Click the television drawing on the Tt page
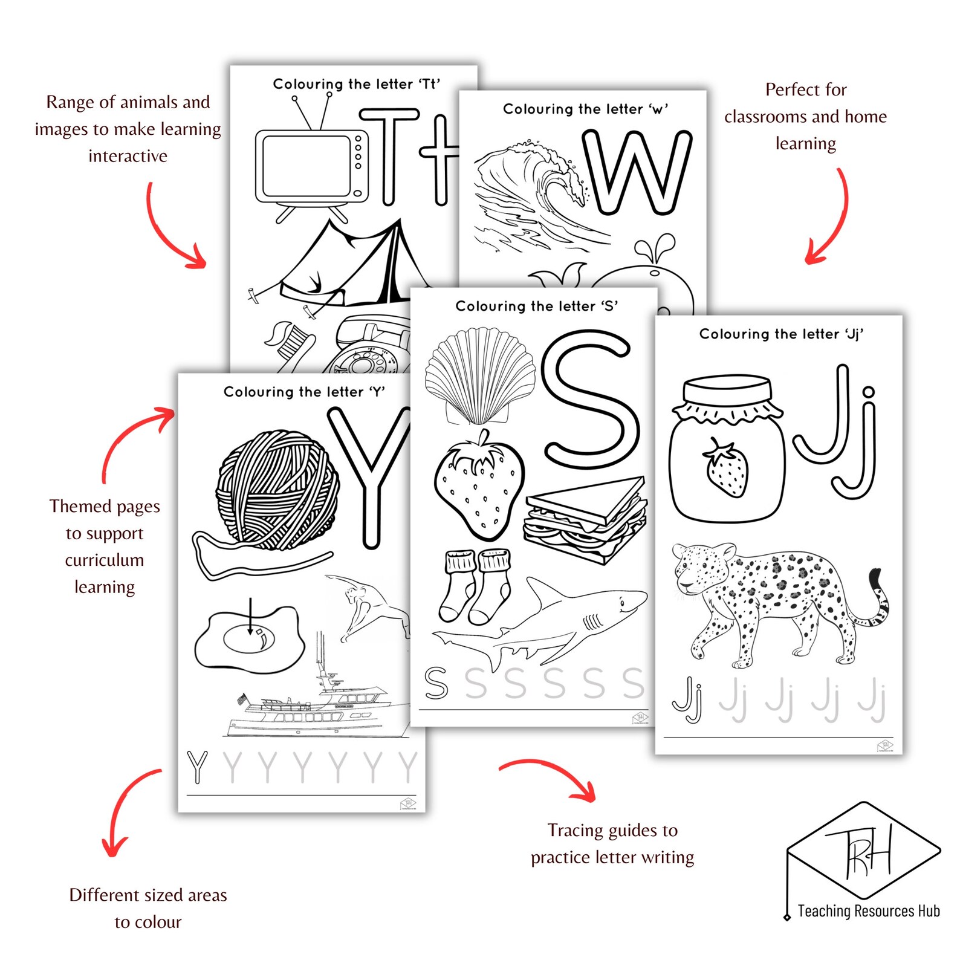coord(311,166)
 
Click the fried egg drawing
coord(248,640)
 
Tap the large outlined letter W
coord(637,172)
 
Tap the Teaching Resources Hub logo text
coord(868,911)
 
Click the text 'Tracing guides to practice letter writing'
coord(612,843)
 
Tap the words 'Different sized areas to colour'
coord(148,908)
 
